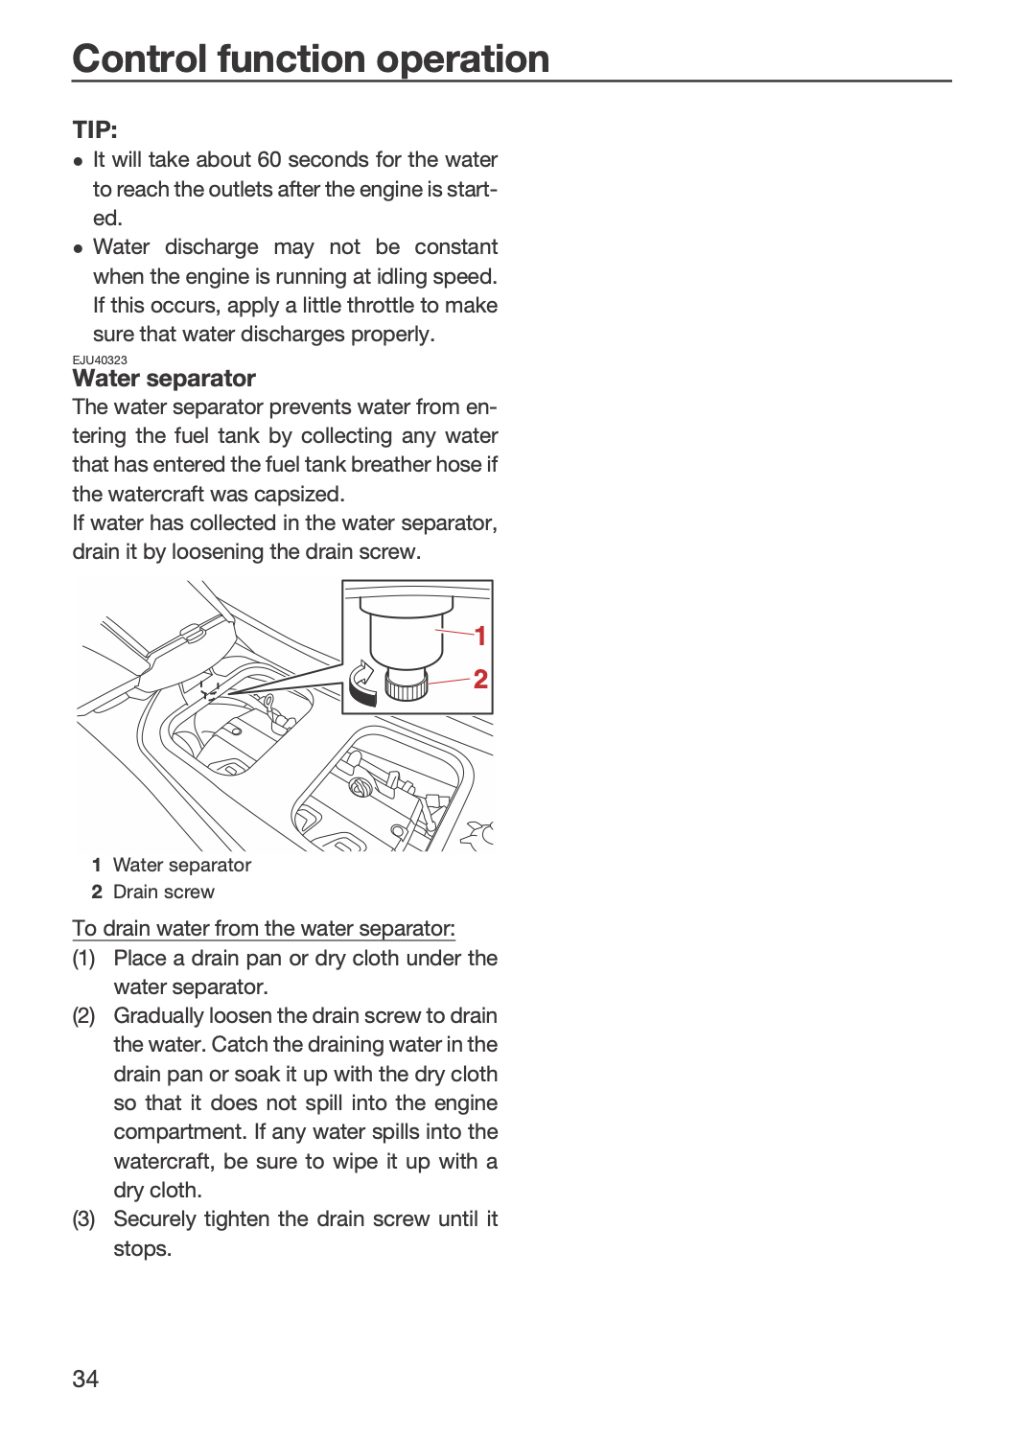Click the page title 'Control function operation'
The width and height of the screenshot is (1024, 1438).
[x=311, y=59]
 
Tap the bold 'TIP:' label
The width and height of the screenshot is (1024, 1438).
[x=94, y=129]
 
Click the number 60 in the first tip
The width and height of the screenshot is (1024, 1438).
[x=269, y=159]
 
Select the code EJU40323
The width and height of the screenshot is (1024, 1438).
[x=100, y=360]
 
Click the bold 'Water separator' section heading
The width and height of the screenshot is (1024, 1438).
[x=164, y=378]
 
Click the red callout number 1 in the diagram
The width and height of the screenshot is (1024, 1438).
[x=479, y=637]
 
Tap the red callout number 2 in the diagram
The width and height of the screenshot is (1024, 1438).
[x=480, y=679]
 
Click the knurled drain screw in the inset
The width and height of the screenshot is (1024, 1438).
[x=406, y=684]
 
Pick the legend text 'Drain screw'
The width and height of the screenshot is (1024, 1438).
[x=164, y=892]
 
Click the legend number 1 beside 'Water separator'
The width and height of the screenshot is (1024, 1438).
[x=96, y=865]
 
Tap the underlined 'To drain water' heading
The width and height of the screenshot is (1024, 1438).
[x=264, y=928]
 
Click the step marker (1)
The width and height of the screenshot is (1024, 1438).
[x=83, y=959]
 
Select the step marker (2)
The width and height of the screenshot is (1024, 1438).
[x=83, y=1016]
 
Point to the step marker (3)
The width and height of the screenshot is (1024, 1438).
[x=83, y=1219]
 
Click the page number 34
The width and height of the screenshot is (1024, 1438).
[x=85, y=1379]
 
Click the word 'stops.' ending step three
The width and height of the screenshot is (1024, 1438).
[x=143, y=1248]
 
